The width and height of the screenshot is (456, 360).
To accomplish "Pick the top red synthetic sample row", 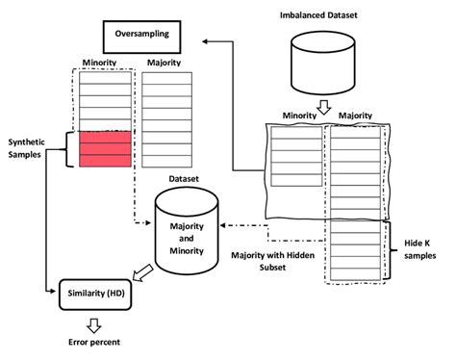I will tap(104, 138).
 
